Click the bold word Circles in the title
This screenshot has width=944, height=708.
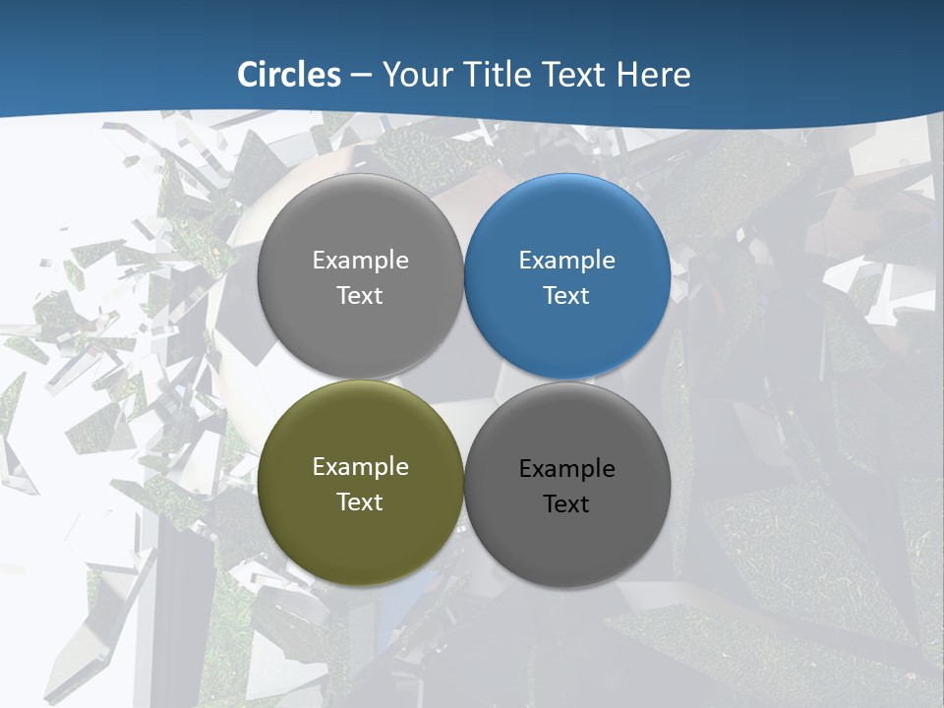click(x=289, y=75)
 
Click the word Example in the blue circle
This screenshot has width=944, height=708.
click(x=567, y=261)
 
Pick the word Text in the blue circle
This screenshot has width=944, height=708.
click(x=566, y=296)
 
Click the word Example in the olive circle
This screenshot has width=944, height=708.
click(x=360, y=467)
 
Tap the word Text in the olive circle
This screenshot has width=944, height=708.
click(x=360, y=502)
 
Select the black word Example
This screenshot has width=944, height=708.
click(x=567, y=469)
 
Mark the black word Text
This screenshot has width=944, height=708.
click(x=566, y=504)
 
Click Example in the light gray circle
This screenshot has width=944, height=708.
click(x=360, y=261)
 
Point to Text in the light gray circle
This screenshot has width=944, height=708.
click(x=360, y=296)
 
